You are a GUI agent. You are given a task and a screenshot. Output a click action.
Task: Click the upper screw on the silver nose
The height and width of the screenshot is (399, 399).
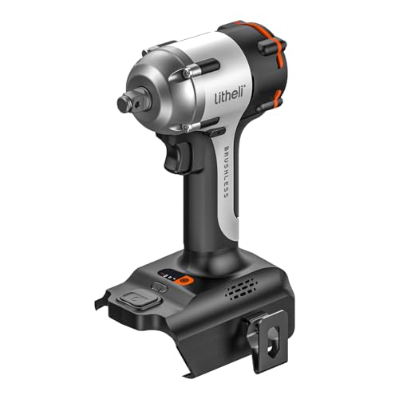[184, 73]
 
